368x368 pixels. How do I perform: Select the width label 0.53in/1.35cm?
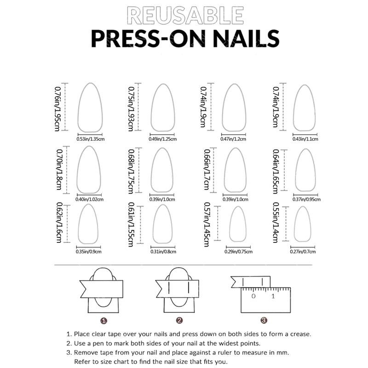(x=91, y=138)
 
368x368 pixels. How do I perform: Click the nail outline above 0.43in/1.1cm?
(x=304, y=107)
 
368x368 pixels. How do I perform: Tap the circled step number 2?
(x=179, y=321)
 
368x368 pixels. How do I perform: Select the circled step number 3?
(x=264, y=321)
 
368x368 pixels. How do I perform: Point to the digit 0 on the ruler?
(x=253, y=296)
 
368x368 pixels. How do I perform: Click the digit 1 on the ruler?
(x=273, y=296)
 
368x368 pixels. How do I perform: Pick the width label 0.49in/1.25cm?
(x=163, y=138)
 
